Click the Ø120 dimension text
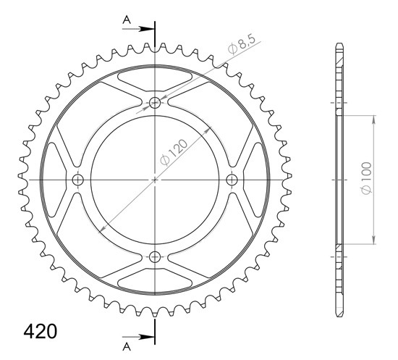tap(174, 152)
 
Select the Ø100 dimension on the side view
tap(367, 177)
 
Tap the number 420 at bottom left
tap(40, 331)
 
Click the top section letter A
tap(127, 20)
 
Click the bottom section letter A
tap(127, 346)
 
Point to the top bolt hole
tap(155, 103)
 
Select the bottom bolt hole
tap(155, 257)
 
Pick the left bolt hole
tap(77, 180)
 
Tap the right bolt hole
tap(232, 180)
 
